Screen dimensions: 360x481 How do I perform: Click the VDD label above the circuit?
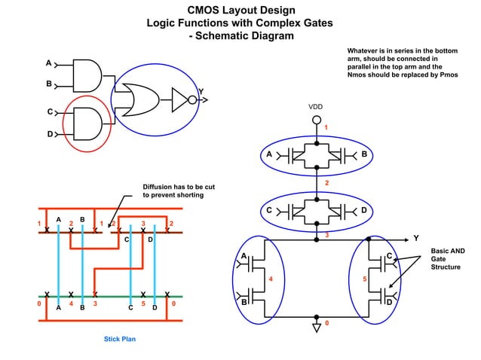tap(316, 107)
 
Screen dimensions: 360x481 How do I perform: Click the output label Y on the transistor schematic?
tap(415, 239)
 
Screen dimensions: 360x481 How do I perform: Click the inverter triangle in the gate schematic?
tap(179, 97)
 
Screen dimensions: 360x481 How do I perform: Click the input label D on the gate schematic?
tap(50, 135)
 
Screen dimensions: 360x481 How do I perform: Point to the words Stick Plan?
tap(119, 339)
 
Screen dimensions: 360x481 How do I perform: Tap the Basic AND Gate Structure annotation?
tap(447, 258)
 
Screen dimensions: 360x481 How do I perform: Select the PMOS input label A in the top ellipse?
tap(269, 154)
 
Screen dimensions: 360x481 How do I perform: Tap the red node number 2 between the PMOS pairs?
tap(326, 183)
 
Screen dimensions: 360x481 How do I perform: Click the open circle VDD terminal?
tap(317, 120)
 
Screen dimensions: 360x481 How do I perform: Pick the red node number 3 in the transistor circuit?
tap(326, 235)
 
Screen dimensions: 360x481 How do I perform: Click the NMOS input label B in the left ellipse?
tap(244, 301)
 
